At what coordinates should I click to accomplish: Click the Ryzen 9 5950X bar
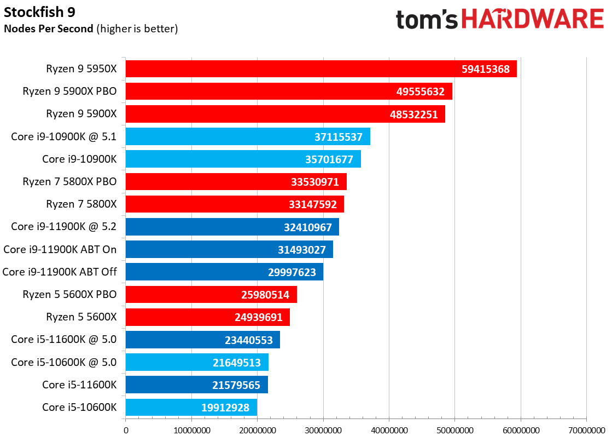click(321, 69)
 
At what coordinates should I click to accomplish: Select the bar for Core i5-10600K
click(191, 407)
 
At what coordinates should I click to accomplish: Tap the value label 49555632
click(421, 91)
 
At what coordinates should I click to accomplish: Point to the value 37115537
click(339, 137)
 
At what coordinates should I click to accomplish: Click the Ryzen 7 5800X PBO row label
click(69, 181)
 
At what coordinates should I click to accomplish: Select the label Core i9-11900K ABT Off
click(59, 272)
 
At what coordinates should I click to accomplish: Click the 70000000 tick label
click(587, 431)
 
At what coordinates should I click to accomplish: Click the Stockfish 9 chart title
click(39, 12)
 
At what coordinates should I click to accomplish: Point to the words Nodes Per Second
click(48, 28)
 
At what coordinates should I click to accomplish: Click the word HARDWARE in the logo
click(533, 19)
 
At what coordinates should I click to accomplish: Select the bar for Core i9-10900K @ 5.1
click(248, 136)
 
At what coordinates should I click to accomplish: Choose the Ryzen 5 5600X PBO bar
click(211, 295)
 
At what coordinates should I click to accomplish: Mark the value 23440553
click(249, 340)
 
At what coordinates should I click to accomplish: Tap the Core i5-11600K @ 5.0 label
click(63, 340)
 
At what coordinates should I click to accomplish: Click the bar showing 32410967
click(232, 227)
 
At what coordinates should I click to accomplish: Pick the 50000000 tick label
click(454, 431)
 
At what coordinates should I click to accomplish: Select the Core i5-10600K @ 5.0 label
click(63, 362)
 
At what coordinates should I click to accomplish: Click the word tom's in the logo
click(427, 20)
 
